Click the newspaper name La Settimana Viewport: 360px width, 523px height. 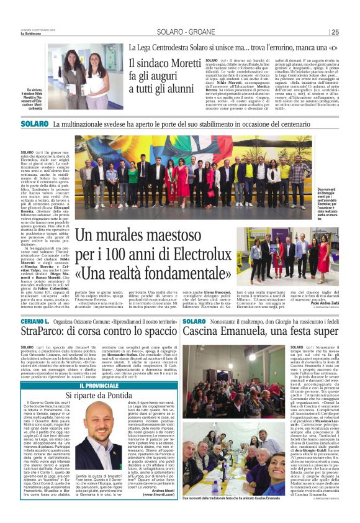pos(32,34)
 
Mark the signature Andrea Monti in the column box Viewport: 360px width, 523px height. pos(163,489)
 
